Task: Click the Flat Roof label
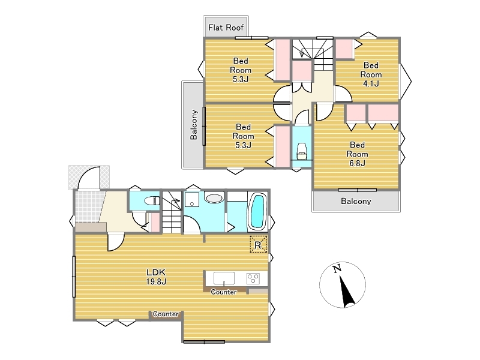(226, 28)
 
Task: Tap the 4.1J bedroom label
(371, 74)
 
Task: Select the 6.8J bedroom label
(357, 154)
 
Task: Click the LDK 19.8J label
(156, 277)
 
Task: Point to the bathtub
(258, 211)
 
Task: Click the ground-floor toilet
(152, 201)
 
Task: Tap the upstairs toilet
(302, 151)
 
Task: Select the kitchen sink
(224, 278)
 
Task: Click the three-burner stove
(253, 278)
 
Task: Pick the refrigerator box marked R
(259, 244)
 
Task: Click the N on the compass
(337, 269)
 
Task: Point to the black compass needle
(347, 292)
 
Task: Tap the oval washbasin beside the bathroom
(214, 198)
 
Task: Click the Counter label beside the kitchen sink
(224, 292)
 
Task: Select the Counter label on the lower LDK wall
(166, 314)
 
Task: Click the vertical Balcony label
(194, 125)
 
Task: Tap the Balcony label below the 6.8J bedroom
(356, 201)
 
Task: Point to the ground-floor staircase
(172, 212)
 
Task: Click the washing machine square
(192, 200)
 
